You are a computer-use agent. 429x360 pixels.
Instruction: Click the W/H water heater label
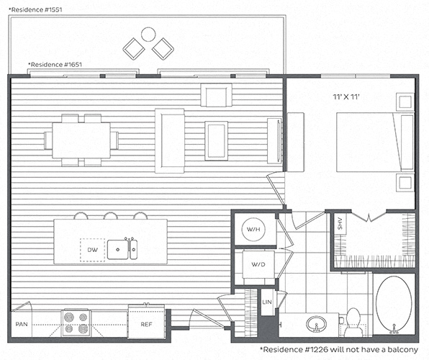(253, 230)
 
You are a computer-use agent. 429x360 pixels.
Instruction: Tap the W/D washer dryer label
(258, 264)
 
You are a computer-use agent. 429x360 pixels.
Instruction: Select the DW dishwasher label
(92, 250)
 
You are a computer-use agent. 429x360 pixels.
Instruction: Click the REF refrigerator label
(146, 325)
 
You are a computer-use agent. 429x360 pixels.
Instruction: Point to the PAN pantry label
(22, 325)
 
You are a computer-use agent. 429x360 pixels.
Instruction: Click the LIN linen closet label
(267, 302)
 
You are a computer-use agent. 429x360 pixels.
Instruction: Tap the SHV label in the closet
(340, 224)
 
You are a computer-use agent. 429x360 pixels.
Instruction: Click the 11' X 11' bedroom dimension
(346, 96)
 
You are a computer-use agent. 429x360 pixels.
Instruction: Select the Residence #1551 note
(35, 10)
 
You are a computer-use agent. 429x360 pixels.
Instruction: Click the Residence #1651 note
(55, 65)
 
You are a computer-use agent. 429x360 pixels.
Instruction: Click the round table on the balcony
(148, 35)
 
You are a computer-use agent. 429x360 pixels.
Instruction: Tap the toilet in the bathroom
(353, 323)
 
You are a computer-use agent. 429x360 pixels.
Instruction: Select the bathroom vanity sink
(316, 324)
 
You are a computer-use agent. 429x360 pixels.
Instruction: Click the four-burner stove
(76, 323)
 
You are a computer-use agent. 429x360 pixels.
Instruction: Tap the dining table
(81, 140)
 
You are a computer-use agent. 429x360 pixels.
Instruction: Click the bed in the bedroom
(376, 142)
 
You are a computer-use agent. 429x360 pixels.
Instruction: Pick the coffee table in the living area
(216, 140)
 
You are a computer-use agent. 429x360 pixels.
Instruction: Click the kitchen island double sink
(122, 249)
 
